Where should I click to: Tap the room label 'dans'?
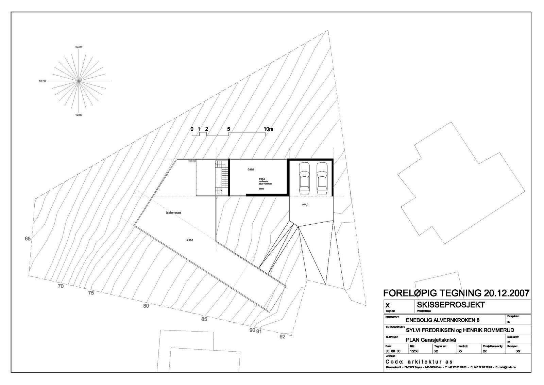[x=251, y=169]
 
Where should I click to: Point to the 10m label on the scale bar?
[x=268, y=129]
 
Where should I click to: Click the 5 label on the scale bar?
[x=228, y=129]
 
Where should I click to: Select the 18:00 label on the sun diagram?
[x=42, y=81]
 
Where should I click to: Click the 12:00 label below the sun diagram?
[x=79, y=115]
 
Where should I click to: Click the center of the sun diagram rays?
[x=79, y=81]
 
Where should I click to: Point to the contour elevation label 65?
[x=28, y=239]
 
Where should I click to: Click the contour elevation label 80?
[x=146, y=306]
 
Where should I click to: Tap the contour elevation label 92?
[x=282, y=337]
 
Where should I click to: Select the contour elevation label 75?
[x=90, y=293]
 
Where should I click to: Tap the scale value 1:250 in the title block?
[x=414, y=351]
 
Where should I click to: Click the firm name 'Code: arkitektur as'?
[x=419, y=362]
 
